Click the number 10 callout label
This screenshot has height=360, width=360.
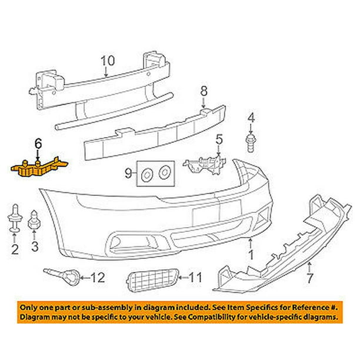(108, 61)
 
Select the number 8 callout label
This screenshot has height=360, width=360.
(204, 91)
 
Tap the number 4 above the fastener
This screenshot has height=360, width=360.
(251, 118)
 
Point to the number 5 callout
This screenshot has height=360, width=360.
(219, 140)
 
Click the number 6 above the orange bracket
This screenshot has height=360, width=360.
(38, 144)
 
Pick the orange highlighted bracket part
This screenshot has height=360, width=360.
(39, 168)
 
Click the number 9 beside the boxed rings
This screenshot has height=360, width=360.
(128, 173)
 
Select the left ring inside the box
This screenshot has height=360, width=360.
(146, 175)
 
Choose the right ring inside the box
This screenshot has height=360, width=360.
(164, 172)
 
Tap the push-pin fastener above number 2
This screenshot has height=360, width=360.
(15, 218)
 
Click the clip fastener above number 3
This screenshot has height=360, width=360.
(34, 220)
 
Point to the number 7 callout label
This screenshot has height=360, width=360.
(310, 278)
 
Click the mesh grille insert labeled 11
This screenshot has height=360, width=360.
(152, 280)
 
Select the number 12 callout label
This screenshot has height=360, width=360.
(98, 277)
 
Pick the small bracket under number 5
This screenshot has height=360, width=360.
(204, 164)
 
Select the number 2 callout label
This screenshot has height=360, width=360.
(15, 249)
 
